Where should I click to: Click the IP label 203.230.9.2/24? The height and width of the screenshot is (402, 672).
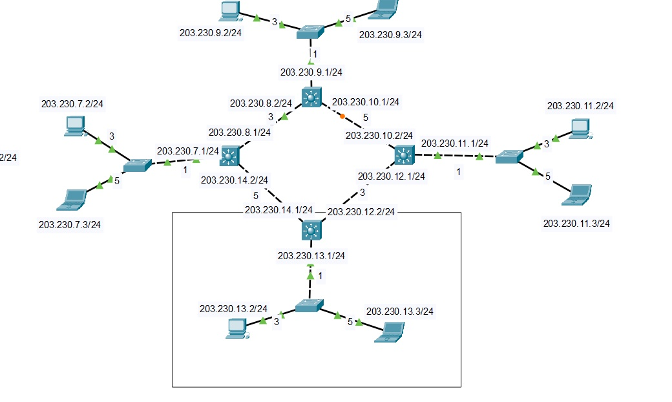tap(211, 33)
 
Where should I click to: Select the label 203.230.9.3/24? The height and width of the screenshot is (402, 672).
tap(390, 35)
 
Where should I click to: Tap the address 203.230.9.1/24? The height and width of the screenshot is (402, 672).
tap(311, 72)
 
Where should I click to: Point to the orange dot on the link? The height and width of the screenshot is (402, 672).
tap(342, 116)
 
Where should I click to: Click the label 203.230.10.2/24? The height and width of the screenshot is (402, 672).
tap(379, 136)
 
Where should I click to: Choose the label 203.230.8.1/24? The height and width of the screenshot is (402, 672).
tap(239, 132)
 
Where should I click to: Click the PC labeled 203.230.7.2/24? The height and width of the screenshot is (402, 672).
tap(75, 125)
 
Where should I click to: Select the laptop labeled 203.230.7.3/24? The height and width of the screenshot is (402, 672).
tap(72, 199)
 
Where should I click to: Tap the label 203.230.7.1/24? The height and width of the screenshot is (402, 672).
tap(188, 151)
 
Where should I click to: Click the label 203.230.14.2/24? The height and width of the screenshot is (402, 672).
tap(235, 180)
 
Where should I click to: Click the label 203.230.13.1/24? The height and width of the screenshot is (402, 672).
tap(311, 256)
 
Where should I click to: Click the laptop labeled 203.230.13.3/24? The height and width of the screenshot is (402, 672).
tap(390, 332)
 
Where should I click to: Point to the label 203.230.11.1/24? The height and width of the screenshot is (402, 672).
tap(454, 143)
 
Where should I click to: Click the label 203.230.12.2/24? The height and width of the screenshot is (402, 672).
tap(361, 211)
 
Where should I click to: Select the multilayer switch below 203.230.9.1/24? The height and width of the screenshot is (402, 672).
tap(311, 98)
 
